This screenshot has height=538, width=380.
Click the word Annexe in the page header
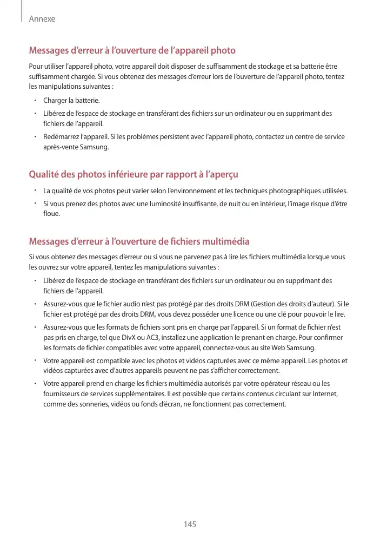[42, 19]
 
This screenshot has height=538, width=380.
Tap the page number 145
[190, 524]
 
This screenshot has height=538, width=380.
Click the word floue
[52, 214]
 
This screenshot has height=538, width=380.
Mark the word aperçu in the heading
[224, 174]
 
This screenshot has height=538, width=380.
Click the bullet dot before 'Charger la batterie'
[35, 101]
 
